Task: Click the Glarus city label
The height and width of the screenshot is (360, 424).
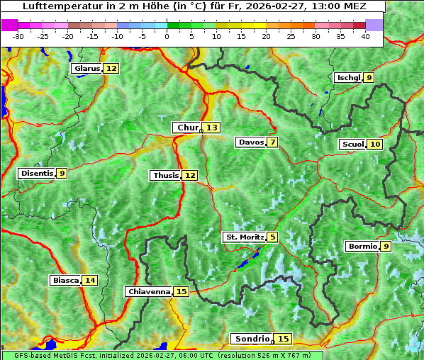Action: click(87, 69)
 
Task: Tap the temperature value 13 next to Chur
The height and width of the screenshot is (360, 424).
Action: click(212, 128)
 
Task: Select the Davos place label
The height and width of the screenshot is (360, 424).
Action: click(251, 142)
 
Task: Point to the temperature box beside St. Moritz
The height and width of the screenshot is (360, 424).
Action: click(273, 237)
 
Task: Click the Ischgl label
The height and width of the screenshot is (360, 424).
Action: click(349, 78)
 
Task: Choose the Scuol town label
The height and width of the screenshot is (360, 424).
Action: click(352, 145)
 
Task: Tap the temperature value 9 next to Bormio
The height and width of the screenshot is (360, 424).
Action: click(385, 247)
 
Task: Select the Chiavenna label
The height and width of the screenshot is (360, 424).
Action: click(149, 291)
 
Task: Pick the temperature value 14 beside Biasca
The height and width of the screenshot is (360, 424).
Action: click(89, 281)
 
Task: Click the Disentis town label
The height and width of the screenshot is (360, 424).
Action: click(37, 173)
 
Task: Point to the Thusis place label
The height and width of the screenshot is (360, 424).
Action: click(165, 175)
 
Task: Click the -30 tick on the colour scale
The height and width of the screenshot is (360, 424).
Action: click(18, 35)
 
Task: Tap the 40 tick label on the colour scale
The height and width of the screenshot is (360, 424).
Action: click(365, 35)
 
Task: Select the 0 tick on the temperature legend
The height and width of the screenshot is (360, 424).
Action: click(167, 35)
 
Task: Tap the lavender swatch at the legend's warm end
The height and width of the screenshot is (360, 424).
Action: click(374, 25)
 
